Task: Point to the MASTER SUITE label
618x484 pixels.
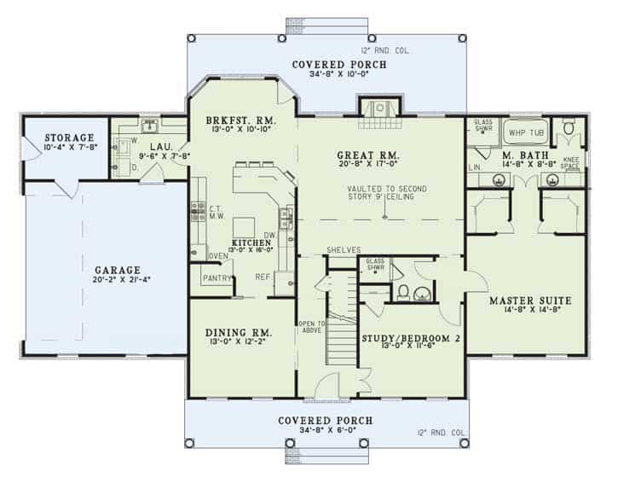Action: [x=529, y=300]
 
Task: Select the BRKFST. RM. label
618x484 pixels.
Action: [x=240, y=120]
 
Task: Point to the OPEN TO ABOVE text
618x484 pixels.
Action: [x=311, y=328]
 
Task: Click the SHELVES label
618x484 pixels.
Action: [x=343, y=250]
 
